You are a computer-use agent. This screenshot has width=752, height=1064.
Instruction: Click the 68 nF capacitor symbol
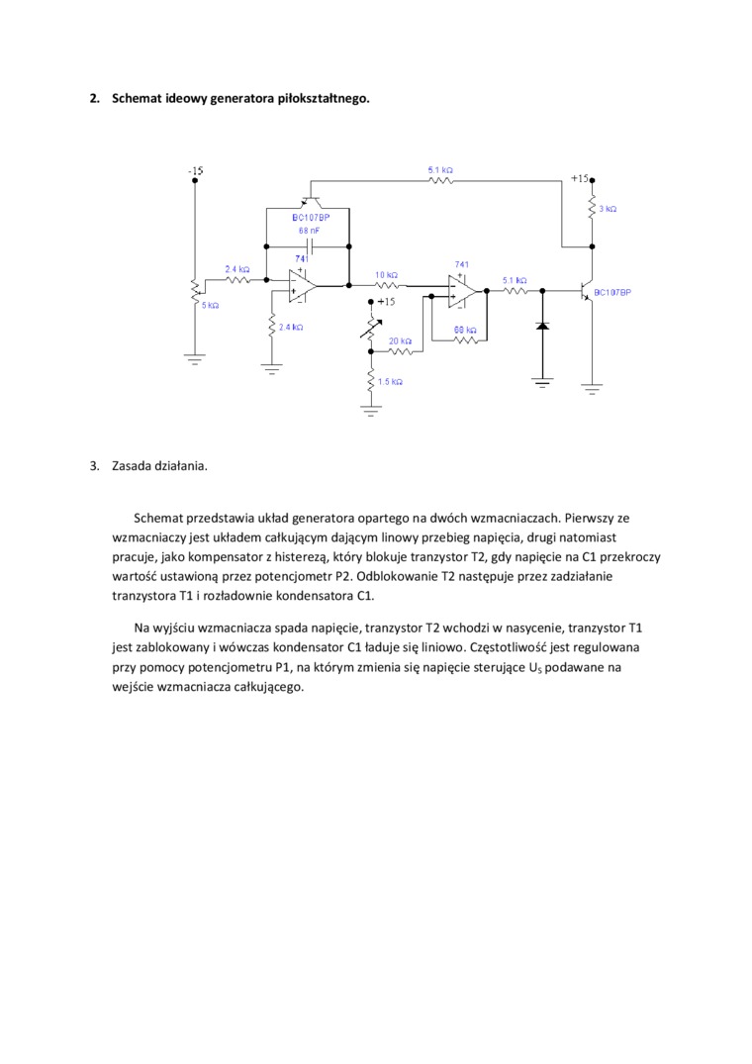(x=311, y=243)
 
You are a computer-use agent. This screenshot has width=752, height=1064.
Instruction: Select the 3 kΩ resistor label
(x=608, y=209)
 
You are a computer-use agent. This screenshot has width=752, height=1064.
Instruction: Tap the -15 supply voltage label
(x=196, y=171)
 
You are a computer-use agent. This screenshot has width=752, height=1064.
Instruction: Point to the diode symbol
(x=542, y=324)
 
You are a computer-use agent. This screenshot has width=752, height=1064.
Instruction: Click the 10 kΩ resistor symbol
(x=387, y=285)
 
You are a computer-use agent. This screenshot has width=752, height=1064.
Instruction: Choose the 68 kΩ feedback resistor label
(x=465, y=329)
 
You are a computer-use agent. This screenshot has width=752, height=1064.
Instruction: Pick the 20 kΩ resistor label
(x=400, y=339)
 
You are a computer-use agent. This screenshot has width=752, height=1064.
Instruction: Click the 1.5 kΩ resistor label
(x=390, y=381)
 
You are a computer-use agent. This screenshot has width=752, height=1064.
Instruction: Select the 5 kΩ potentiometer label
(x=210, y=305)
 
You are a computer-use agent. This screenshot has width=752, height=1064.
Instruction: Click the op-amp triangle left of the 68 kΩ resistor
(x=461, y=291)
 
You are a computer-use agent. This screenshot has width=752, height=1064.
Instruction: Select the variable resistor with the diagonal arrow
(x=371, y=327)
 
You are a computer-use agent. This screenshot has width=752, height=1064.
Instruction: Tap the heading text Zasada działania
(x=159, y=465)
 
